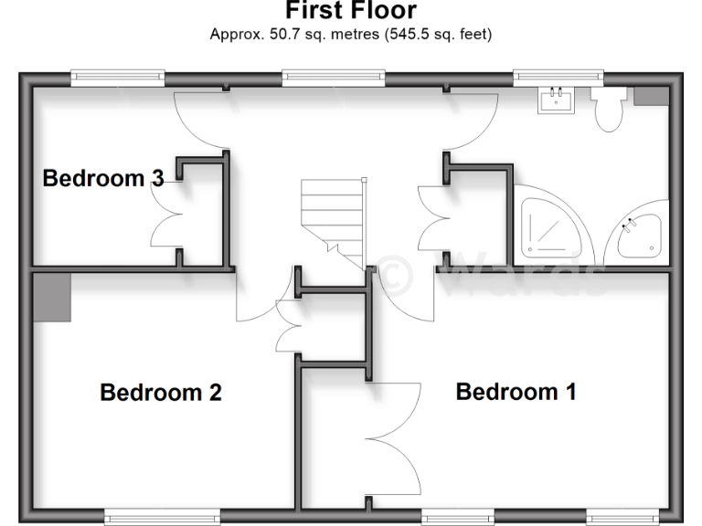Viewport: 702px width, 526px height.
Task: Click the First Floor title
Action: (x=351, y=11)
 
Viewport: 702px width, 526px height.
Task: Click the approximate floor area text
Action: (x=351, y=36)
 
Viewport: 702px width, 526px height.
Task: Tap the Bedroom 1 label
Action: (x=516, y=392)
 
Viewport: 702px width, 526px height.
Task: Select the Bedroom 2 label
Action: (x=161, y=393)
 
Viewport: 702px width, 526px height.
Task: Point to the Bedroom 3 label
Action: (x=102, y=178)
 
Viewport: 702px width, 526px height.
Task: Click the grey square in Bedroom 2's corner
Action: (x=53, y=298)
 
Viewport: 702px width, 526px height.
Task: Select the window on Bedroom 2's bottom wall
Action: (x=162, y=518)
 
